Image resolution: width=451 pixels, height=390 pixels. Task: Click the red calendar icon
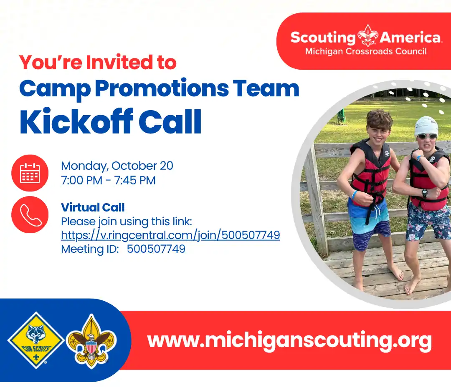[30, 173]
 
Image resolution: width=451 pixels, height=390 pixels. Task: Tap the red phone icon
[30, 215]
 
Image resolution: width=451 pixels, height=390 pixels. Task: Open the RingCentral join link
[170, 235]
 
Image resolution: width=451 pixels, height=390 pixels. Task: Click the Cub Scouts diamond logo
[35, 340]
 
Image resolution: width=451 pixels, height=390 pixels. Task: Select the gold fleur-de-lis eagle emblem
[91, 342]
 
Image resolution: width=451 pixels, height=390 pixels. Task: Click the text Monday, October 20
[117, 166]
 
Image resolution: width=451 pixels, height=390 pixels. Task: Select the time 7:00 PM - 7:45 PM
[108, 181]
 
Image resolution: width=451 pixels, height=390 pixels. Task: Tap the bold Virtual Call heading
[93, 207]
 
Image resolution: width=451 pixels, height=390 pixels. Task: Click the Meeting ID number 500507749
[156, 249]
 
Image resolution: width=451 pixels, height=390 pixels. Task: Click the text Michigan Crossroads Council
[366, 51]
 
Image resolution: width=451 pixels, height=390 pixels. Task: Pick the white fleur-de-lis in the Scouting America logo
[367, 35]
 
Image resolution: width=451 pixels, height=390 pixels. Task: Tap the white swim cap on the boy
[426, 126]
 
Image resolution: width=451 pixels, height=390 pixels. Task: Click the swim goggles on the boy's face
[427, 136]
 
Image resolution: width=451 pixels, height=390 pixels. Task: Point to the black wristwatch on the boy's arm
[425, 193]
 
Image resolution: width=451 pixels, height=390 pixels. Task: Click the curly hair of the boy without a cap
[379, 119]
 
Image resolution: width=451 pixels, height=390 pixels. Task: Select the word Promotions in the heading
[162, 88]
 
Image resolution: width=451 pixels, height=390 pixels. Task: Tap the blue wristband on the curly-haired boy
[355, 195]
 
